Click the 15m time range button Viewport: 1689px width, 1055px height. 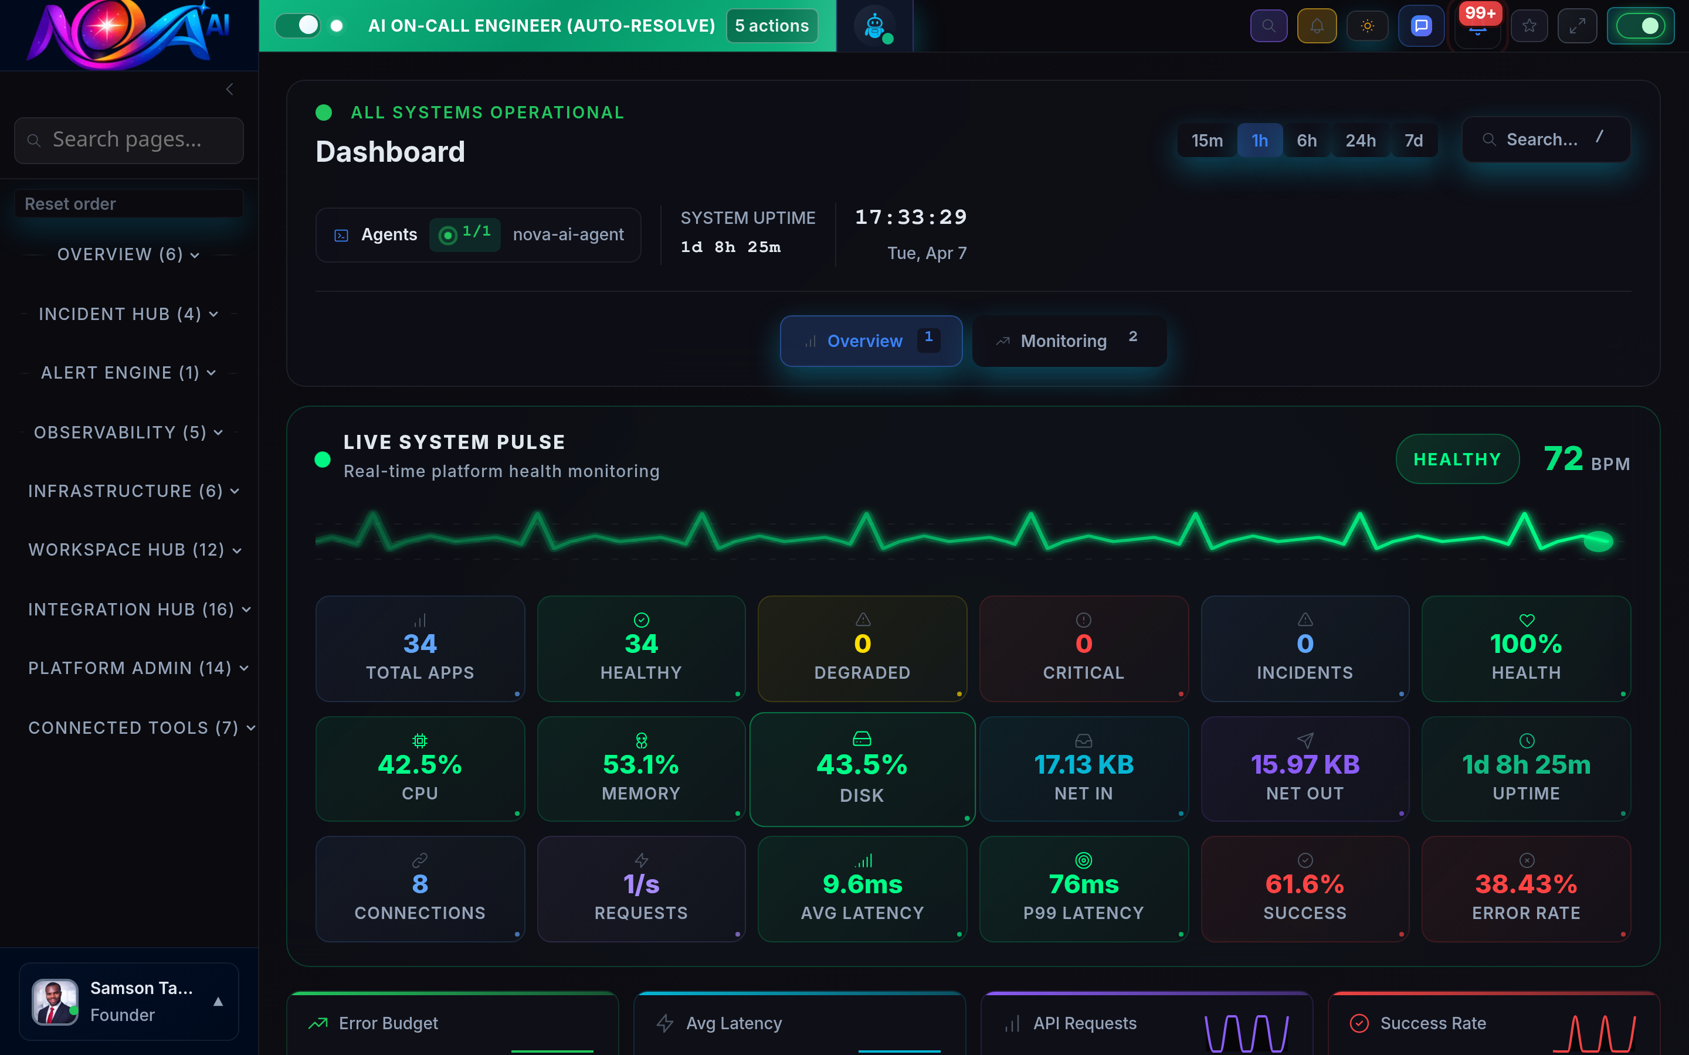1207,140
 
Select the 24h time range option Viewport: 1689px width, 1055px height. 1360,140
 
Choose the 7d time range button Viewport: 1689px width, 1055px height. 1413,140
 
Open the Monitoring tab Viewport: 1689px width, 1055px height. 1069,341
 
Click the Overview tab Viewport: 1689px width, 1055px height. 870,341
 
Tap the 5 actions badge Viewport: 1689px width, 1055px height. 771,26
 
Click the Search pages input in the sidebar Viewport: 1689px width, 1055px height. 129,139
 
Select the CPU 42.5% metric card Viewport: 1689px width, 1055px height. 419,768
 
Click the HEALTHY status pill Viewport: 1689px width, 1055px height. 1457,459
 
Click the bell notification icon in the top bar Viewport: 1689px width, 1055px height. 1316,26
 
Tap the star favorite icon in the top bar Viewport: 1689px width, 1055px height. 1529,26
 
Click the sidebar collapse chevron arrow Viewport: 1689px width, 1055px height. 230,89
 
